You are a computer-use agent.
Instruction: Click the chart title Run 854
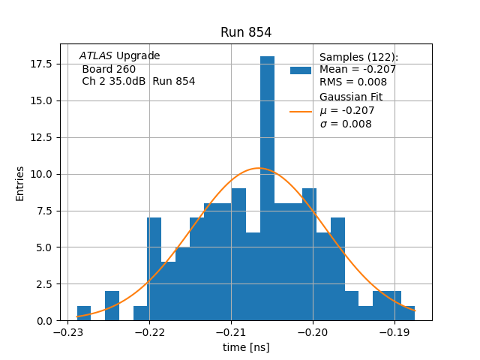246,32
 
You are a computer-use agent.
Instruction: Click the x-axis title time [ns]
246,347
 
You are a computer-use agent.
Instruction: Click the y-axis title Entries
20,183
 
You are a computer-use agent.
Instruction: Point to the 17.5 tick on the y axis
40,64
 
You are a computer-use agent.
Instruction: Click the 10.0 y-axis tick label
40,174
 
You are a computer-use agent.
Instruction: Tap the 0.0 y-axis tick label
43,321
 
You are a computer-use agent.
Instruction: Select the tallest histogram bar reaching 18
267,187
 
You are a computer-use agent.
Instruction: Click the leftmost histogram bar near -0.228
84,313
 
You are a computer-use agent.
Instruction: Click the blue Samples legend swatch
301,70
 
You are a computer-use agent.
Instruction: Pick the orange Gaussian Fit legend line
301,111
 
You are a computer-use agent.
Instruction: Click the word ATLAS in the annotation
95,56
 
